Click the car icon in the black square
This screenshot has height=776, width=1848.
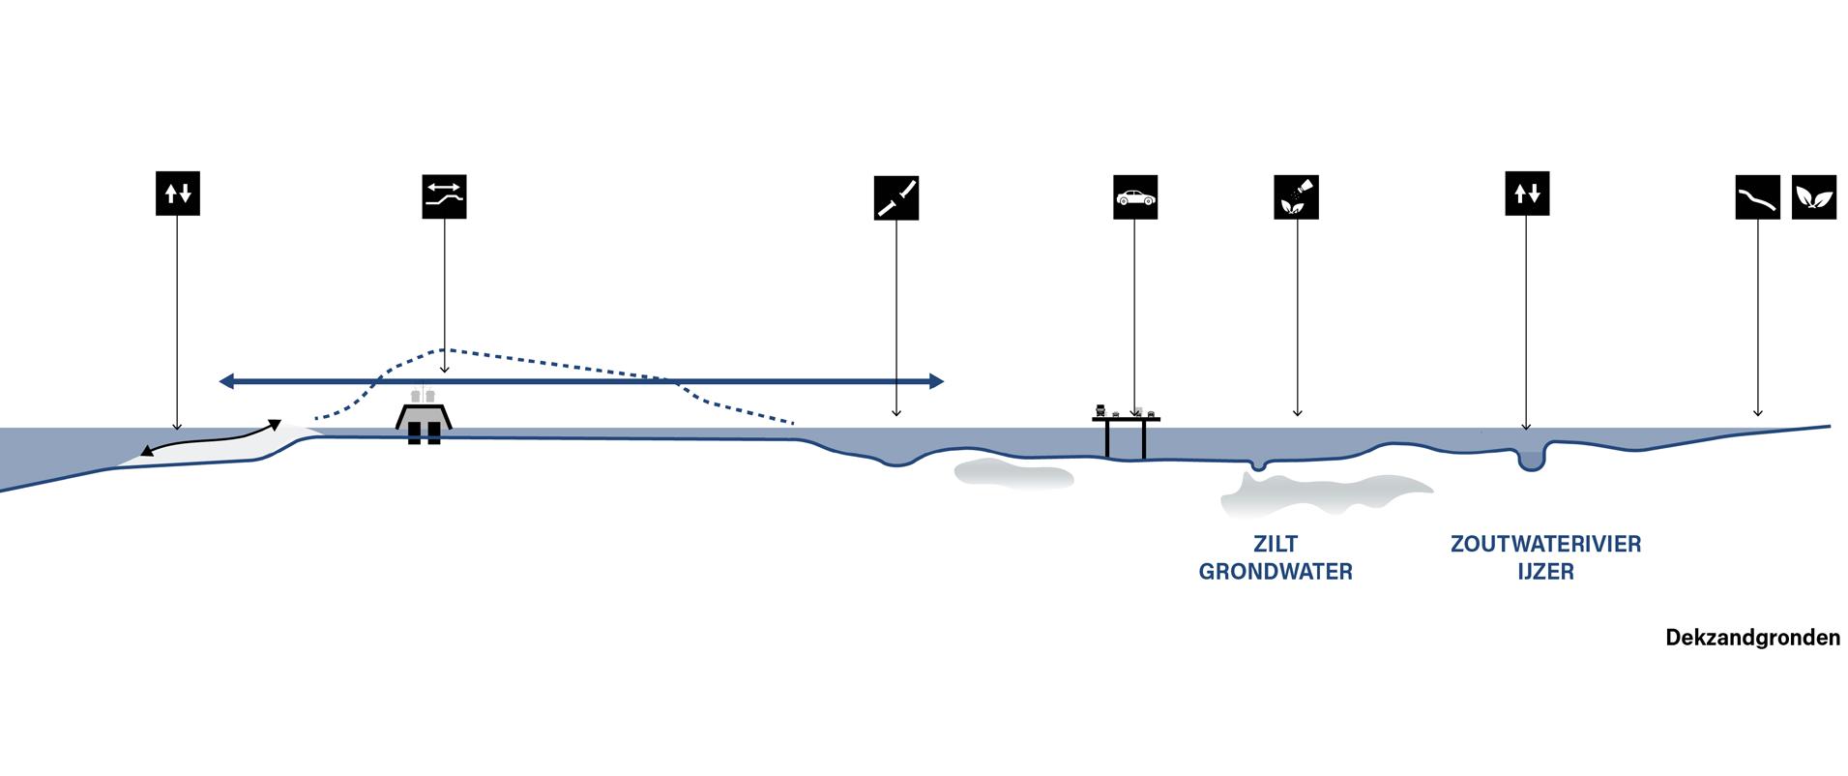pyautogui.click(x=1134, y=197)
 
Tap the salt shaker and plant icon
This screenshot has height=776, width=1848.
pyautogui.click(x=1296, y=197)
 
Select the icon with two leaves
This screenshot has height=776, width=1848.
pyautogui.click(x=1813, y=197)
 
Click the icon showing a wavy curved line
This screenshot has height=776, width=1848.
pyautogui.click(x=1757, y=197)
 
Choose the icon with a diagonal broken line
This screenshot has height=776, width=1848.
pyautogui.click(x=895, y=197)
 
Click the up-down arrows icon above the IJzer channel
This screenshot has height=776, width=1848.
pyautogui.click(x=1526, y=194)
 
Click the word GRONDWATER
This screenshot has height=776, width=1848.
pyautogui.click(x=1275, y=572)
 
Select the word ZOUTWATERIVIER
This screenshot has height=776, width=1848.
pyautogui.click(x=1545, y=544)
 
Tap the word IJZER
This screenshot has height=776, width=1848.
pyautogui.click(x=1545, y=572)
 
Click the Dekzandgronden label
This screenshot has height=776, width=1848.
pyautogui.click(x=1752, y=639)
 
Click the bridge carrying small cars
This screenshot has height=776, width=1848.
pyautogui.click(x=1126, y=418)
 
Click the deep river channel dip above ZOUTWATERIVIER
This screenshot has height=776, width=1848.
pyautogui.click(x=1530, y=460)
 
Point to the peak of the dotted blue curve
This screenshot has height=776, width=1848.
pyautogui.click(x=443, y=349)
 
